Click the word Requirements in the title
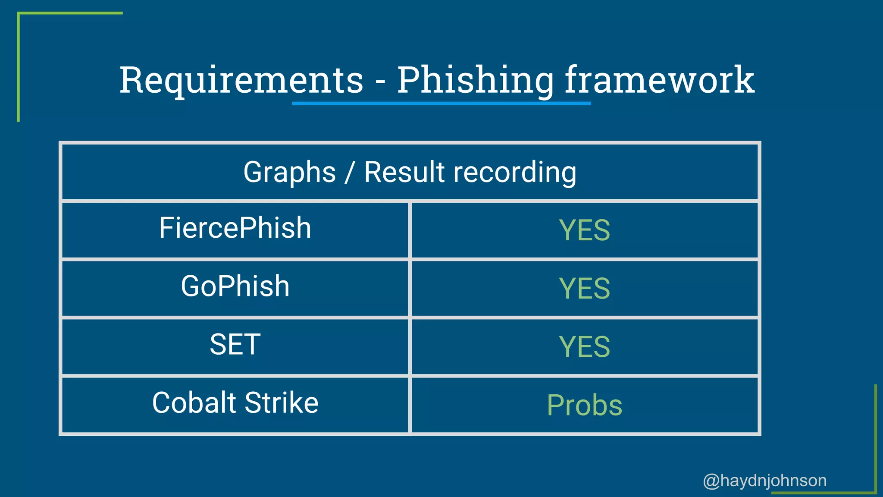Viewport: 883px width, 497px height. (x=241, y=81)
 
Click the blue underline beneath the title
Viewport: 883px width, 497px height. (x=441, y=104)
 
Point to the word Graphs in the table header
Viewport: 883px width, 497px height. (x=289, y=173)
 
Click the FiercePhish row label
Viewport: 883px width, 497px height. (x=235, y=228)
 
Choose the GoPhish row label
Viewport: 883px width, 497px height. (x=235, y=286)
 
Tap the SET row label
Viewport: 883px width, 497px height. (x=235, y=345)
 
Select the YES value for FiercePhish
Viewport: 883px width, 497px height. (x=584, y=230)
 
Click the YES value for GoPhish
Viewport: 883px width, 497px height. (x=584, y=289)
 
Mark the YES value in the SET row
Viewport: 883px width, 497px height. (x=584, y=347)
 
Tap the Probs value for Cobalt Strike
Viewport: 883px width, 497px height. (x=584, y=406)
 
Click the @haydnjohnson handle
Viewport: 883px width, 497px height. (x=764, y=481)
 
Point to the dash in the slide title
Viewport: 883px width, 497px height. (x=380, y=82)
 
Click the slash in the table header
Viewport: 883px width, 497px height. (x=350, y=173)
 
